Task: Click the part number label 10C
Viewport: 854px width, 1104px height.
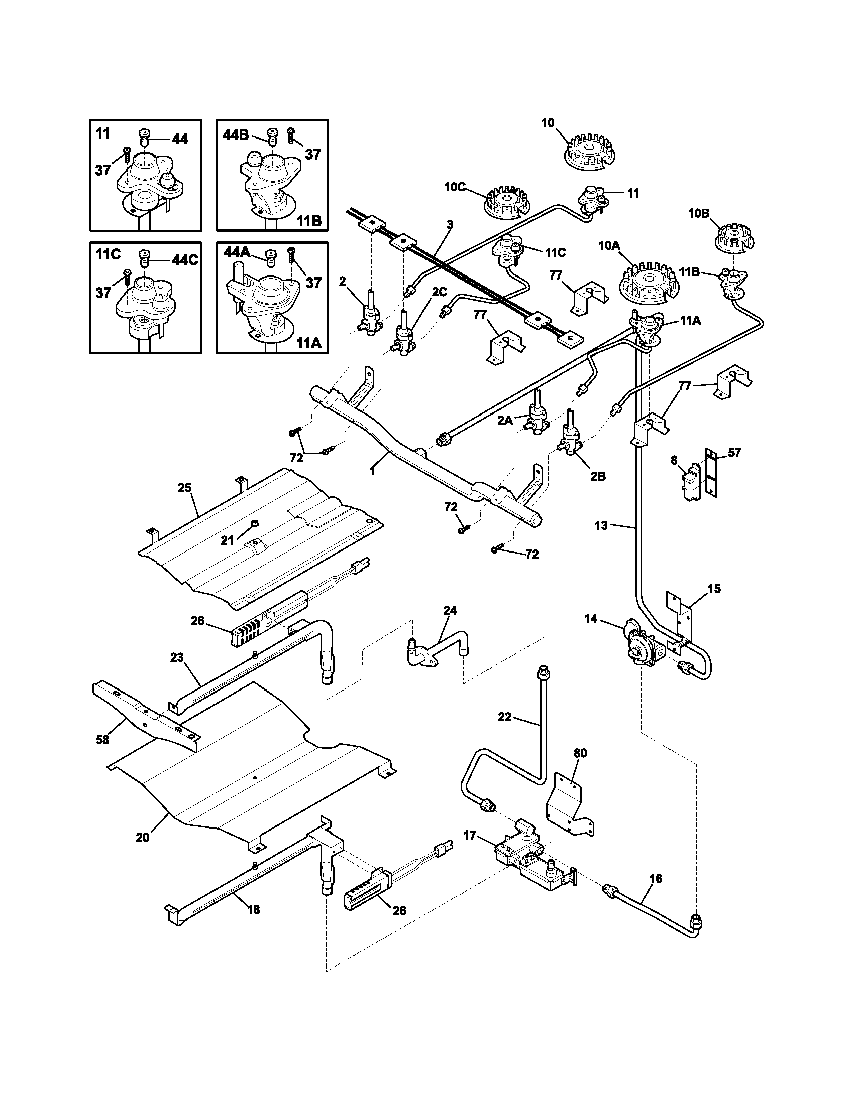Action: [454, 187]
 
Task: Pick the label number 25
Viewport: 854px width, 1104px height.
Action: [184, 488]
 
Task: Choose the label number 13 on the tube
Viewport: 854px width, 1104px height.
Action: [600, 526]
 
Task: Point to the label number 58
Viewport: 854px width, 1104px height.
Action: [102, 740]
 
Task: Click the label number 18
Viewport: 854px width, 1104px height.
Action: [254, 909]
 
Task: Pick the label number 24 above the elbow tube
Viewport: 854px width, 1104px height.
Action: [450, 610]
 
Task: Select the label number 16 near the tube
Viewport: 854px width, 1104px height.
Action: [655, 879]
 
